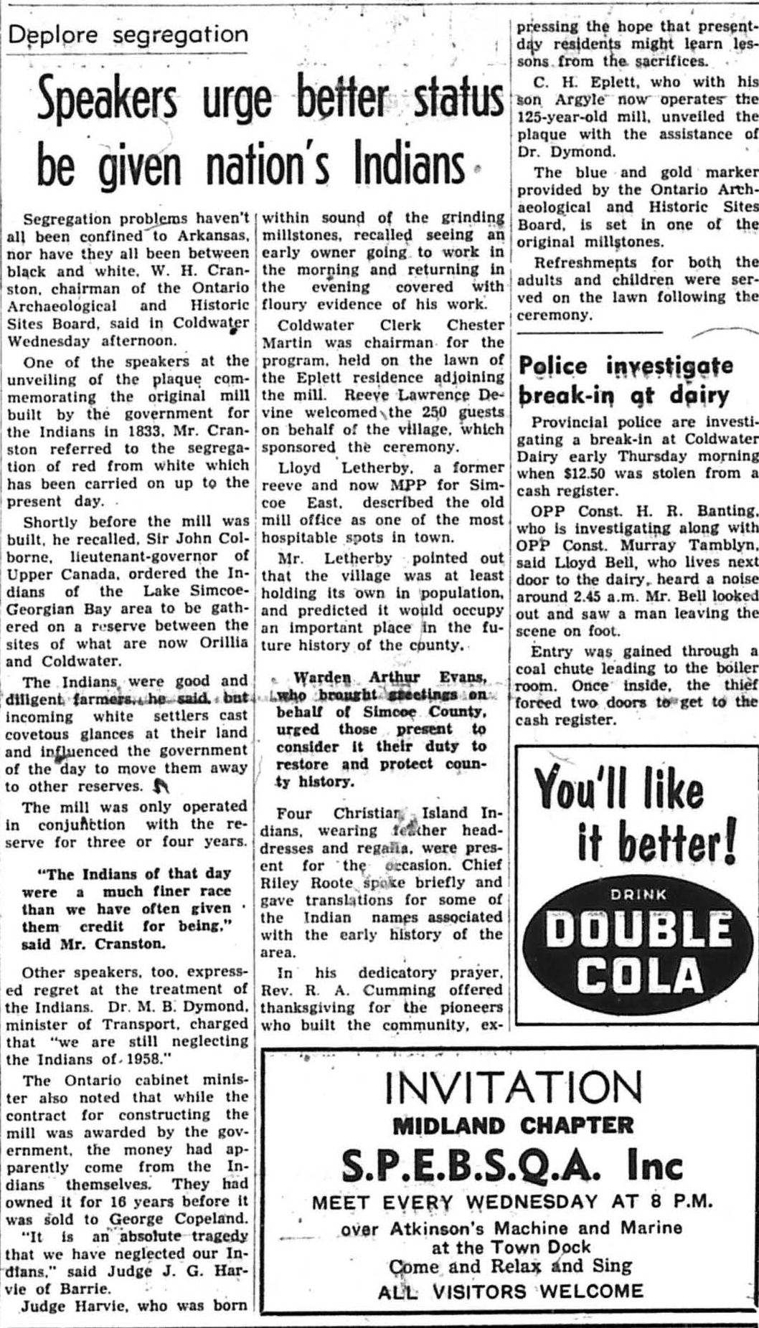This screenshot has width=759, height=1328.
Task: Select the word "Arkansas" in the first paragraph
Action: (x=214, y=234)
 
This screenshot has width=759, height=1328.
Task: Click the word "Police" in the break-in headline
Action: (x=552, y=366)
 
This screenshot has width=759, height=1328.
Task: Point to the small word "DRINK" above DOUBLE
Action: (x=638, y=894)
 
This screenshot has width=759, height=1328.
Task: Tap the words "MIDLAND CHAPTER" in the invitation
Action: (x=514, y=1125)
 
